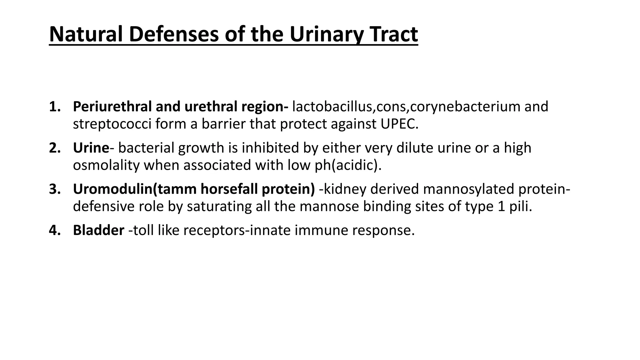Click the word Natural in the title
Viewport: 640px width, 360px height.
click(x=87, y=34)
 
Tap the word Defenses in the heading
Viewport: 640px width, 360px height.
click(x=174, y=34)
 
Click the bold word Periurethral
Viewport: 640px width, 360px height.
click(x=112, y=107)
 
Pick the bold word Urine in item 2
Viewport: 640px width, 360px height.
click(x=91, y=148)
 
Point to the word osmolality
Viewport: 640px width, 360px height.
click(x=106, y=166)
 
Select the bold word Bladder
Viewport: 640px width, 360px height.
click(x=98, y=231)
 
